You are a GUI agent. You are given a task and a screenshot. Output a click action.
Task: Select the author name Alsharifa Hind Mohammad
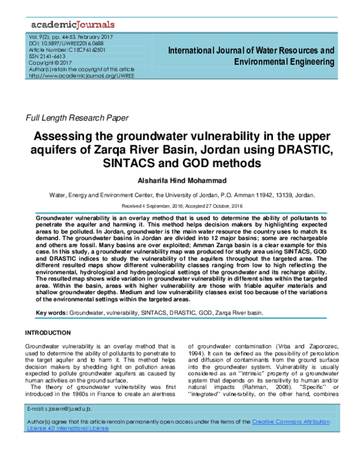[179, 180]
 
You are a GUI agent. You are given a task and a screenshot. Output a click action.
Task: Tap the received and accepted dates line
[179, 206]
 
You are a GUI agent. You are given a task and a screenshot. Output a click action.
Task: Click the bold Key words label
[52, 313]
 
